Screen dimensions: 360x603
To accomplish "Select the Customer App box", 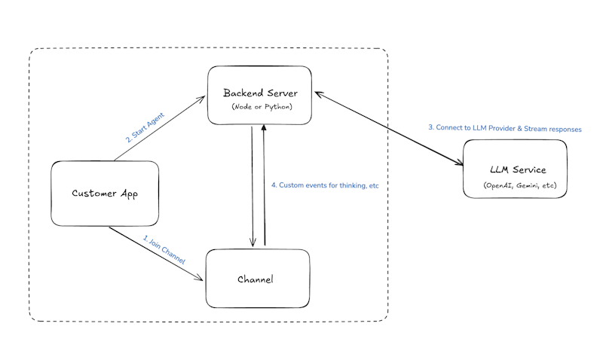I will [x=105, y=193].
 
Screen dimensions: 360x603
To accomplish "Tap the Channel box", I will [x=257, y=279].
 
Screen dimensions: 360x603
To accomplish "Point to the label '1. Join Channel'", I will [x=164, y=249].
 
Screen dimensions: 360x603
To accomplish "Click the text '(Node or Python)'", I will [x=261, y=107].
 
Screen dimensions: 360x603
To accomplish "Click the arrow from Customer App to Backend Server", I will [x=160, y=128].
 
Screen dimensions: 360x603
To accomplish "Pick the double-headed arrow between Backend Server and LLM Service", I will [x=389, y=128].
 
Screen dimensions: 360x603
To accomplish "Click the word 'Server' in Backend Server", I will [x=280, y=93].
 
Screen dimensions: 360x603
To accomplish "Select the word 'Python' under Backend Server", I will [x=276, y=107].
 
